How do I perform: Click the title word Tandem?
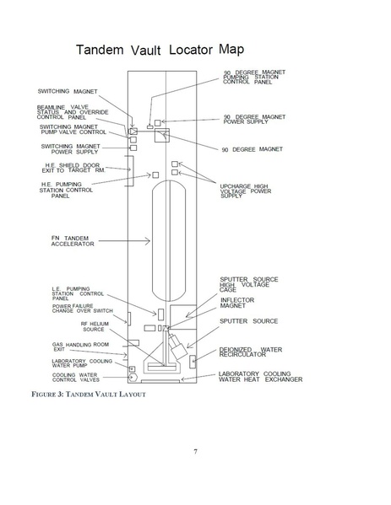point(100,50)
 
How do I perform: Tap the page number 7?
point(196,452)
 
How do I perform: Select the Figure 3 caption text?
point(89,395)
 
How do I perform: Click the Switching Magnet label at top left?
point(68,91)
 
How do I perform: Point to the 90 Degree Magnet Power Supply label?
point(254,119)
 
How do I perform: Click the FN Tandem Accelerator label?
point(73,241)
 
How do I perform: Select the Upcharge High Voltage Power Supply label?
point(246,191)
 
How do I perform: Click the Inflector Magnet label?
point(237,303)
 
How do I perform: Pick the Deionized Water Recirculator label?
point(251,352)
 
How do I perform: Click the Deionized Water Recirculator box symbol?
point(193,362)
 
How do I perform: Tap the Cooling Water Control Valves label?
point(76,378)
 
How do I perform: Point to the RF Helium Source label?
point(95,326)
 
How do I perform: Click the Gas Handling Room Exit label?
point(80,347)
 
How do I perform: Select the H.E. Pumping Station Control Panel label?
point(66,190)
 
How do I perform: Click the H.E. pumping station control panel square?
point(155,175)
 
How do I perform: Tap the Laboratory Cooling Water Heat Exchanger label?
point(261,377)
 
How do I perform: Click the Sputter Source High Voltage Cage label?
point(249,284)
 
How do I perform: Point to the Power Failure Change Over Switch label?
point(83,309)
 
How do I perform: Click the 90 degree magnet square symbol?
point(162,135)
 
